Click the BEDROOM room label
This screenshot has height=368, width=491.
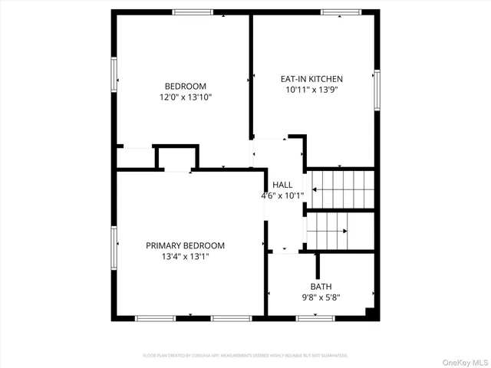point(185,86)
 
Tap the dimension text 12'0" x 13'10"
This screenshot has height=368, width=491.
point(185,97)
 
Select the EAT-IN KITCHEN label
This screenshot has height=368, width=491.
point(311,78)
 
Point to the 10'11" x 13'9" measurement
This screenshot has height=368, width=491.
point(311,90)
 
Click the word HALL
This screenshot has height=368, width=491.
point(282,185)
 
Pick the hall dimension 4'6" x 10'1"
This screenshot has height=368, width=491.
point(282,195)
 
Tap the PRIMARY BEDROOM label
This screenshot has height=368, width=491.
point(185,245)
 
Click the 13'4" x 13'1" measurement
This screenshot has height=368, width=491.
point(185,257)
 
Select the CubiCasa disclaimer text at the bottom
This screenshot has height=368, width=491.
point(245,356)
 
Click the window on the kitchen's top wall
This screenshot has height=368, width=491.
point(341,12)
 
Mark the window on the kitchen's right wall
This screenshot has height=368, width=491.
point(376,90)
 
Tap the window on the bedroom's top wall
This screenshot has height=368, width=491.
point(193,12)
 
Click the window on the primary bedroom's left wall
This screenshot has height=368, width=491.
point(114,246)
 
